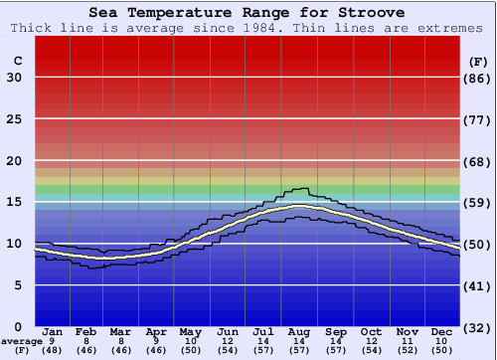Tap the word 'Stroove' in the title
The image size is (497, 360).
pos(370,13)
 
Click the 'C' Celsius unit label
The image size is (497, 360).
pos(17,61)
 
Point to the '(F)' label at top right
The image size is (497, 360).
pos(477,61)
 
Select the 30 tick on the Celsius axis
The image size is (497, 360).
pos(14,78)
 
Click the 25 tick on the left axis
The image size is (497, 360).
pos(14,119)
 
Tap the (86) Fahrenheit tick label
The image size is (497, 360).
pos(477,78)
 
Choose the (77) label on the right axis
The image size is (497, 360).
pos(477,119)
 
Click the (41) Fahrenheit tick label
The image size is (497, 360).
pos(477,285)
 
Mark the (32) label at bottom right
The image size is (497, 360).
pos(477,327)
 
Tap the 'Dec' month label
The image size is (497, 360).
pos(442,331)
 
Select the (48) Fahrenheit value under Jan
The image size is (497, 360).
pos(53,350)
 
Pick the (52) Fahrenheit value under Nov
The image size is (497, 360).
pos(408,350)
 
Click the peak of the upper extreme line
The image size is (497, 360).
pos(298,188)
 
